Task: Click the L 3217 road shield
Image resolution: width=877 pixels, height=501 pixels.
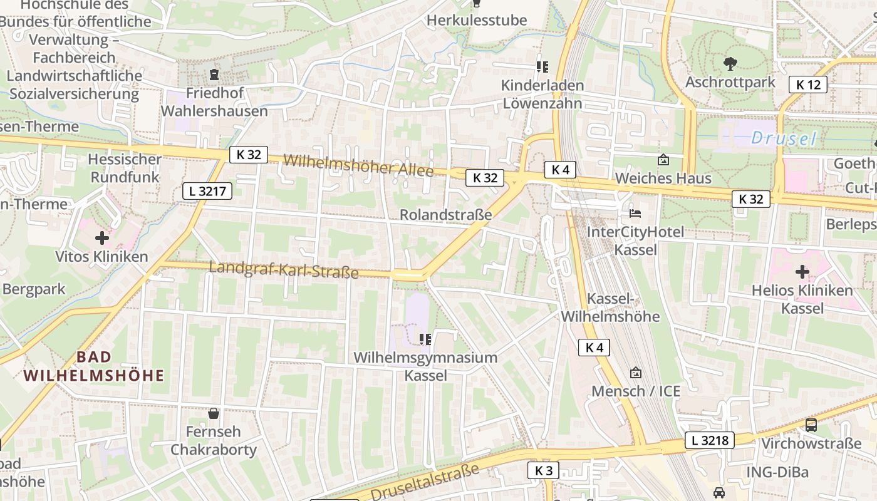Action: (207, 191)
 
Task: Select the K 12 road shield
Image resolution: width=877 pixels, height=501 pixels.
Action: (808, 85)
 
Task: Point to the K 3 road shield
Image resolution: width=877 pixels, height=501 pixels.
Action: (542, 470)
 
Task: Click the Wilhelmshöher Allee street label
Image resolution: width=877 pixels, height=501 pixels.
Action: (358, 165)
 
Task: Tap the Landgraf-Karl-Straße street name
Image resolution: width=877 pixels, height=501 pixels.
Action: (283, 270)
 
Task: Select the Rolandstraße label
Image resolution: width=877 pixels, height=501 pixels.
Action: (445, 215)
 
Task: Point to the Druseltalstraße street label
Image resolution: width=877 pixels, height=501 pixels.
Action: (424, 483)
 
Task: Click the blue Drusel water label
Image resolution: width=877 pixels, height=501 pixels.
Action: (784, 138)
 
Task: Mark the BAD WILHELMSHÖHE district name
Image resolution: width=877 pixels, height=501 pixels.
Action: (94, 366)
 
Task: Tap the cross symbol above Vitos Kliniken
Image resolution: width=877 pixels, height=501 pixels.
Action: (101, 238)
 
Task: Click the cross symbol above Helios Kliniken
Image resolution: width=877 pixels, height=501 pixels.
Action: (802, 272)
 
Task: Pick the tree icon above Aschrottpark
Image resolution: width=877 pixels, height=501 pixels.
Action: (730, 63)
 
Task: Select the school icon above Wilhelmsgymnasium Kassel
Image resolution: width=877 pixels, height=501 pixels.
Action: (425, 339)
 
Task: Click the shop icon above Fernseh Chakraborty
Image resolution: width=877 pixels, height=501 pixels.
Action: (214, 413)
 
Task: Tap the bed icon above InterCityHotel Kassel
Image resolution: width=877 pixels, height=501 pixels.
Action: (635, 214)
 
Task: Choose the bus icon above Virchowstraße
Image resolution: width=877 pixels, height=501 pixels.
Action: (811, 425)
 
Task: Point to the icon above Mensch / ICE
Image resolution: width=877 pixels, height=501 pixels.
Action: (636, 373)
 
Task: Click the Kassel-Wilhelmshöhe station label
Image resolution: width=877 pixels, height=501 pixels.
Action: (610, 307)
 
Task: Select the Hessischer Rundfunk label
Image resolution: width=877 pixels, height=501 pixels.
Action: (125, 168)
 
